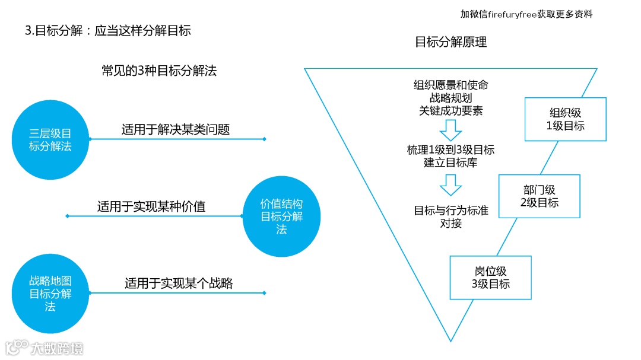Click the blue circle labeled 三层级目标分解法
[50, 139]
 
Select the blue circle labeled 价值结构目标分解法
[281, 216]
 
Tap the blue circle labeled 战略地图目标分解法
[50, 293]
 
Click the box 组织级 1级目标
[565, 119]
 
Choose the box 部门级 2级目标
[539, 196]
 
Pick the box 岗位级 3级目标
[490, 277]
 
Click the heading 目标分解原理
[450, 42]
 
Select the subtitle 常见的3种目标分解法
[159, 71]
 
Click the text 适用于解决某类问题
[176, 129]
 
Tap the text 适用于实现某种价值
[151, 207]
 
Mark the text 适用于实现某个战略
[179, 283]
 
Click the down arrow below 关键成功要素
[450, 129]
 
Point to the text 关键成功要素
[450, 110]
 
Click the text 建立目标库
[450, 163]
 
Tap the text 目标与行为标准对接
[450, 216]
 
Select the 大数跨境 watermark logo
[44, 348]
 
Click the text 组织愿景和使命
[450, 85]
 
